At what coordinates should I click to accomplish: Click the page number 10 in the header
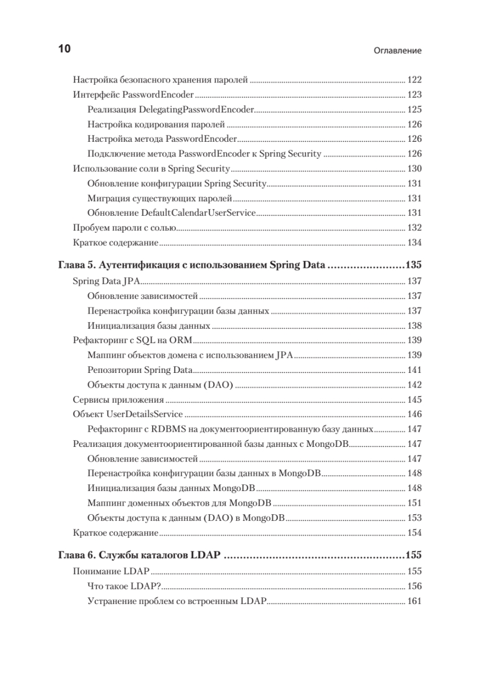coord(64,49)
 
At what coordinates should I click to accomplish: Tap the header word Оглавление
coord(398,51)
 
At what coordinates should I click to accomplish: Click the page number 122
coord(414,80)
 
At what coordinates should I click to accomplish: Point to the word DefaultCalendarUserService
coord(198,213)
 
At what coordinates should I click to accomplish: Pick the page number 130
coord(414,168)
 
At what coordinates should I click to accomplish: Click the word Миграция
coord(106,198)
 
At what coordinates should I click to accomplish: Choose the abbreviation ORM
coord(181,340)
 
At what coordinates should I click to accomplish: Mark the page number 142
coord(414,385)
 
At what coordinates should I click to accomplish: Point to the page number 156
coord(414,586)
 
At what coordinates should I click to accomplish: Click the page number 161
coord(414,601)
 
